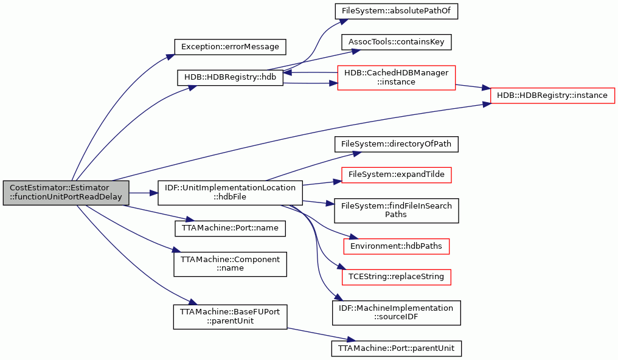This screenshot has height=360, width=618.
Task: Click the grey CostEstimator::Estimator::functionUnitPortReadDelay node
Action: click(66, 193)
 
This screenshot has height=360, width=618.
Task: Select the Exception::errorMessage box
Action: click(230, 47)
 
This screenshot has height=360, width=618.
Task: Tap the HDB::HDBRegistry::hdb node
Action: click(230, 77)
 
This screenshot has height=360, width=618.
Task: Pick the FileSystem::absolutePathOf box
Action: click(396, 11)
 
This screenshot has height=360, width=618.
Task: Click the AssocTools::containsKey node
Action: click(396, 42)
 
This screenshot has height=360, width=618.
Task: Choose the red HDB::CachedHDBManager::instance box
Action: click(396, 78)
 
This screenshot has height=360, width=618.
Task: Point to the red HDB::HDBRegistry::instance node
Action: click(552, 95)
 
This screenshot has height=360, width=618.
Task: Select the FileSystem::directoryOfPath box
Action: click(396, 144)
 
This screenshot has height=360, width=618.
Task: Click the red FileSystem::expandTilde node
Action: click(396, 175)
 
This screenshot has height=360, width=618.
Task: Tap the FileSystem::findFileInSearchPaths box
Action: click(396, 210)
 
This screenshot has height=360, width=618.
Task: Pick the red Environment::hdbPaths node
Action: click(396, 246)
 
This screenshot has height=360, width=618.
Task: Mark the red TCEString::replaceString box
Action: click(396, 277)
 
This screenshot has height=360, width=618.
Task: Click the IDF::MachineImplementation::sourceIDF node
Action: click(396, 313)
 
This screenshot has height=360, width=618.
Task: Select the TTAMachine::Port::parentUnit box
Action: click(396, 348)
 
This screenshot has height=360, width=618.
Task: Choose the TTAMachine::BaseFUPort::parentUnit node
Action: click(230, 317)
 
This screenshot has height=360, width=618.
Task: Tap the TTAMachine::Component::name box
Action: click(230, 264)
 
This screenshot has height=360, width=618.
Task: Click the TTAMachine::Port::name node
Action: click(230, 229)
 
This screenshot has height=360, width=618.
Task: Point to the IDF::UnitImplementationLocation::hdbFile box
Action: click(230, 193)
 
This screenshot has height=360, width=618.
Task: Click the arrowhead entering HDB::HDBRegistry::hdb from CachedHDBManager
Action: click(287, 72)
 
